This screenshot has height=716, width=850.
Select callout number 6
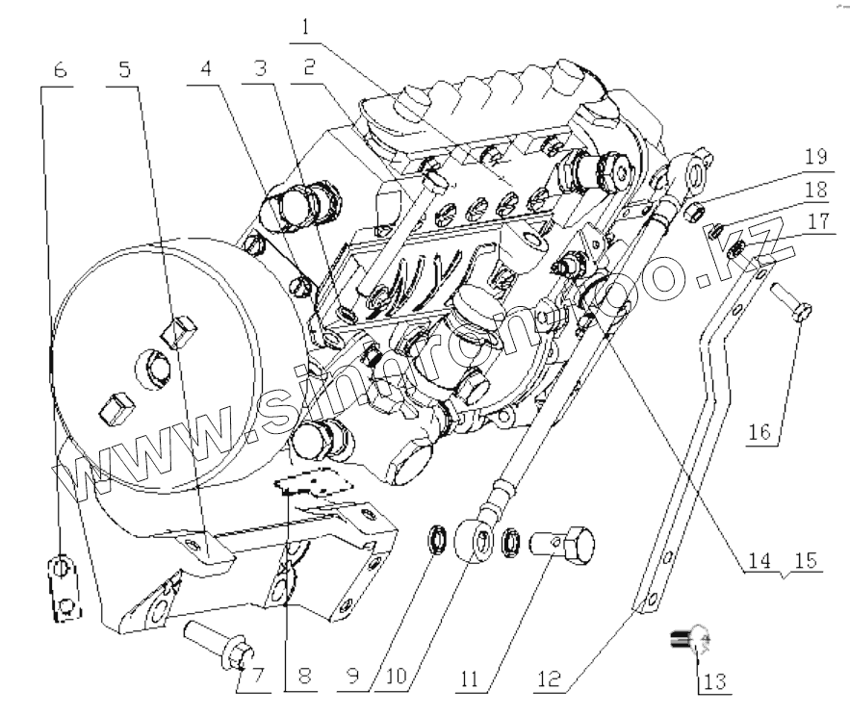60,70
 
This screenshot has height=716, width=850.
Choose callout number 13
711,680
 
